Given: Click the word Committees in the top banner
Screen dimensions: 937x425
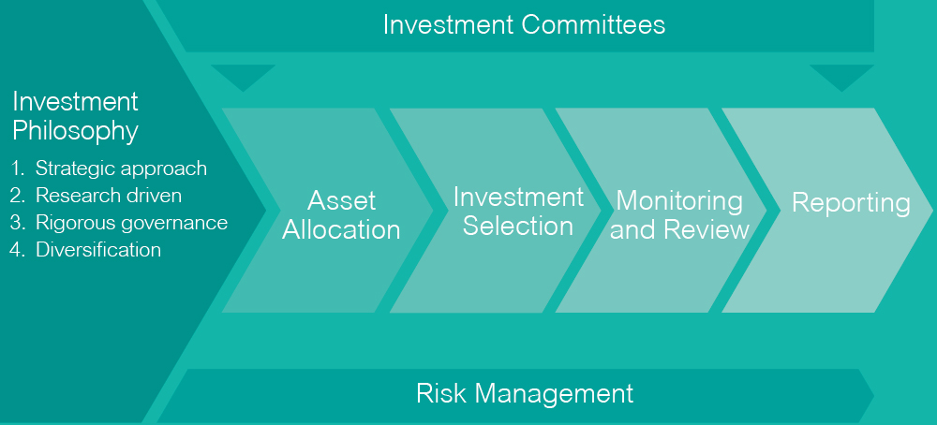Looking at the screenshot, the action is [593, 25].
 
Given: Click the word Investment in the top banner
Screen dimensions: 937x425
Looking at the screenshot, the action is [448, 25].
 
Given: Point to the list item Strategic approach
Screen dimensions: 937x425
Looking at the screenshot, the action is [121, 169].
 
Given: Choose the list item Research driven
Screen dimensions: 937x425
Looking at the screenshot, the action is [109, 196].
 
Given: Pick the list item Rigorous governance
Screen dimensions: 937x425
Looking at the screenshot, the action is [131, 223].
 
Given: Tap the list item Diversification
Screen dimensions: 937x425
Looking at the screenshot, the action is [98, 250].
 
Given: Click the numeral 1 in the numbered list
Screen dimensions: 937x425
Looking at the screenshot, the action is [17, 169].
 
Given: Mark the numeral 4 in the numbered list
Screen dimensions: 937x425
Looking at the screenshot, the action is [16, 250].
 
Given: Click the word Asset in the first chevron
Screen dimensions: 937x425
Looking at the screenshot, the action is [341, 201].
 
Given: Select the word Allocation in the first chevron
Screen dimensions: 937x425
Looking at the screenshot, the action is [341, 229].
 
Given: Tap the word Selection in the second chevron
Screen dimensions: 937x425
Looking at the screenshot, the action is [518, 227].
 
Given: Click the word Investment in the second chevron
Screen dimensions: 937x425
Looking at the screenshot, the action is [518, 197].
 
